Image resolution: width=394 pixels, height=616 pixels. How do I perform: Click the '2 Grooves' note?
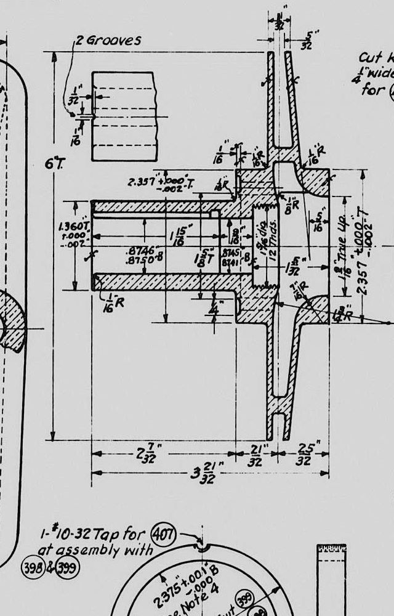pos(108,41)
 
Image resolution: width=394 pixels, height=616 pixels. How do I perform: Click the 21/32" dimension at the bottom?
pos(255,456)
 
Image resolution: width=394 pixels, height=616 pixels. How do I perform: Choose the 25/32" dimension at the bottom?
pos(303,456)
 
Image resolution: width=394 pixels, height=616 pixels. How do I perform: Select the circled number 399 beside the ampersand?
pos(67,567)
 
